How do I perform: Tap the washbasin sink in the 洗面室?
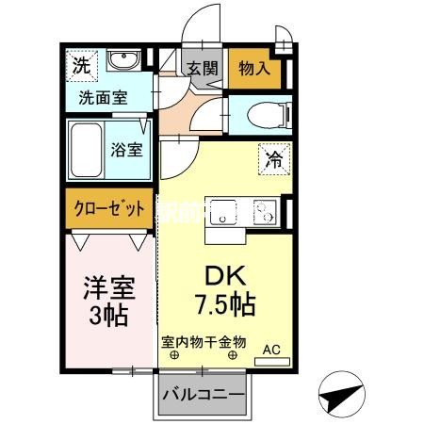point(122,62)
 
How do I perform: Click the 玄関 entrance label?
point(201,68)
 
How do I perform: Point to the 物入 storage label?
point(254,68)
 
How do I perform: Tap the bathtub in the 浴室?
point(87,148)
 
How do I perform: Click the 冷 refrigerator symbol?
point(271,159)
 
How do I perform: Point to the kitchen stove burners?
point(263,213)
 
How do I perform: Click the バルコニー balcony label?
point(204,394)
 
